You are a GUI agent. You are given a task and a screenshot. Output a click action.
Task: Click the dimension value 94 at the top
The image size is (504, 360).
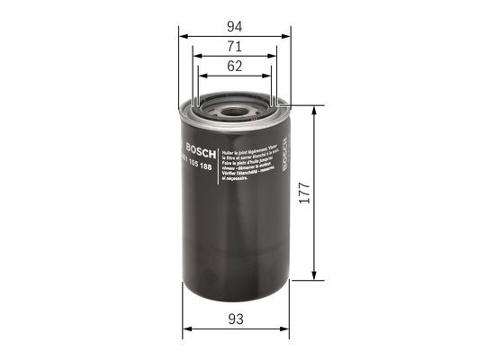click(235, 27)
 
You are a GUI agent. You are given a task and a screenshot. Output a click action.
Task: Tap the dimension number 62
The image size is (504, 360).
click(235, 66)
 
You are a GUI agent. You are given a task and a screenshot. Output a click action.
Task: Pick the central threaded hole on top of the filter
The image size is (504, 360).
click(236, 112)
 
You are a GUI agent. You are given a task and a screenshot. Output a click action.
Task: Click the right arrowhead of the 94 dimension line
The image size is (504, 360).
click(287, 37)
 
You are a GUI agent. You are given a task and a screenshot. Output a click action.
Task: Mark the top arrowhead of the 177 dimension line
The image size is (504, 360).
click(314, 111)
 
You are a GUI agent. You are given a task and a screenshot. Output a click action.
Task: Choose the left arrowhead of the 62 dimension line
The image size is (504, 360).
click(202, 76)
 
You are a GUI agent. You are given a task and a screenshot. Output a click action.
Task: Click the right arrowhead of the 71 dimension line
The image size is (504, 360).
click(274, 57)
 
